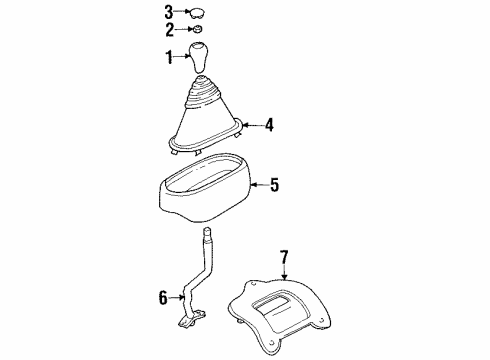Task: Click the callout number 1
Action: (168, 58)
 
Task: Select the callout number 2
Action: (168, 31)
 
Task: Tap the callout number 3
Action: (168, 13)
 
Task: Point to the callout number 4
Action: (268, 126)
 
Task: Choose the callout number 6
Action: (163, 296)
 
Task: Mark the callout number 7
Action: (284, 258)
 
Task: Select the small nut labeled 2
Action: (198, 32)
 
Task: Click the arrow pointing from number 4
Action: (249, 126)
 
